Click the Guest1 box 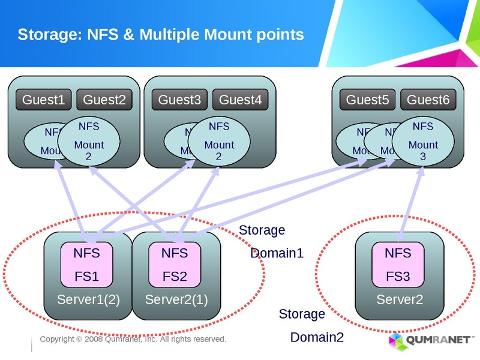pyautogui.click(x=43, y=100)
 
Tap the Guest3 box pyautogui.click(x=179, y=100)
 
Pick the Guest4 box pyautogui.click(x=240, y=100)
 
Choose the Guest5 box pyautogui.click(x=367, y=100)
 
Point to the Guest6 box pyautogui.click(x=428, y=100)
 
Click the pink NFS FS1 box pyautogui.click(x=86, y=265)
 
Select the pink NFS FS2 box pyautogui.click(x=175, y=265)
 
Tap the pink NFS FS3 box pyautogui.click(x=398, y=265)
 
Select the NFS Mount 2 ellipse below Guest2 pyautogui.click(x=89, y=143)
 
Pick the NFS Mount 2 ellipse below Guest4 pyautogui.click(x=219, y=143)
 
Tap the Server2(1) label pyautogui.click(x=176, y=299)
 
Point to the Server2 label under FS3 pyautogui.click(x=399, y=299)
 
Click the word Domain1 pyautogui.click(x=277, y=253)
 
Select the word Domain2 pyautogui.click(x=317, y=337)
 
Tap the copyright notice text pyautogui.click(x=133, y=340)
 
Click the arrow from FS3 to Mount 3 pyautogui.click(x=410, y=204)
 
